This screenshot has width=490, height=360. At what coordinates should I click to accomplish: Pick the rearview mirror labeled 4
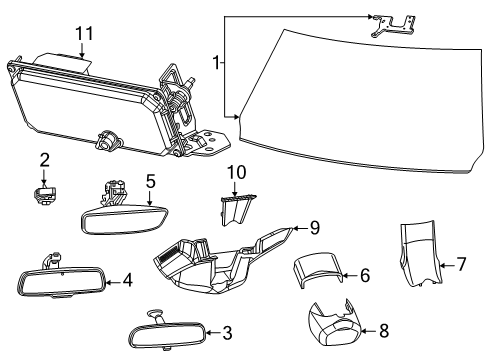[x=62, y=283]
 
